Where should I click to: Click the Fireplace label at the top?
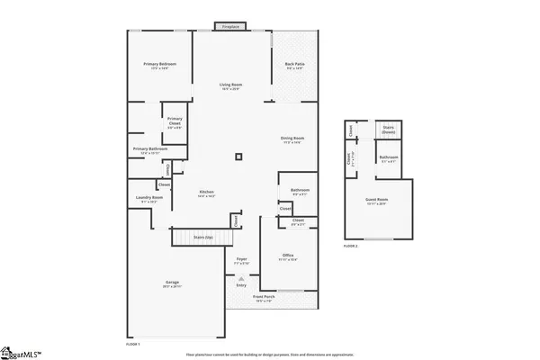click(231, 27)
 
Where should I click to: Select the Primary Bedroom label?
click(160, 65)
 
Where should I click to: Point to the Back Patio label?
click(294, 65)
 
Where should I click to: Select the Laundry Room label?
click(150, 198)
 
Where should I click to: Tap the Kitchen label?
click(206, 193)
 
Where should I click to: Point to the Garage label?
click(172, 283)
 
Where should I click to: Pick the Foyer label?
click(241, 260)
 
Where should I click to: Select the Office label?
click(288, 256)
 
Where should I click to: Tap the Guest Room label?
click(376, 202)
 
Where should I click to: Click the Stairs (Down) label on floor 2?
click(390, 130)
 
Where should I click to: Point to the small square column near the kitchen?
click(238, 157)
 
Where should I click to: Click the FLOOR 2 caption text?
click(351, 245)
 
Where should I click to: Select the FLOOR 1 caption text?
click(132, 345)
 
